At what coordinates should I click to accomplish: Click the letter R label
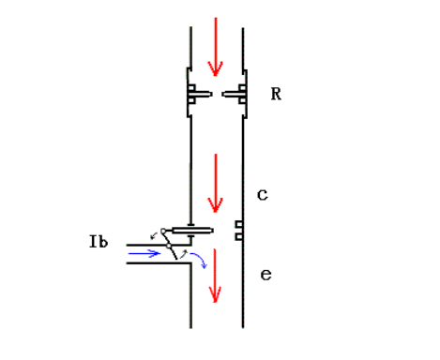pyautogui.click(x=276, y=95)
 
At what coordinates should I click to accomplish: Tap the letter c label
pyautogui.click(x=263, y=195)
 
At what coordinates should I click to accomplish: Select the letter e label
pyautogui.click(x=266, y=275)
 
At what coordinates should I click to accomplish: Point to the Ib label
pyautogui.click(x=98, y=243)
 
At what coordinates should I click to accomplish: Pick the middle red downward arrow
pyautogui.click(x=216, y=183)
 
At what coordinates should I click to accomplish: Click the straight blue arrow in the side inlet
pyautogui.click(x=144, y=252)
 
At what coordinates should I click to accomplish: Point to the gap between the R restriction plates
pyautogui.click(x=218, y=95)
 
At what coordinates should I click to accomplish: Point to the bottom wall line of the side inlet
pyautogui.click(x=159, y=263)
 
